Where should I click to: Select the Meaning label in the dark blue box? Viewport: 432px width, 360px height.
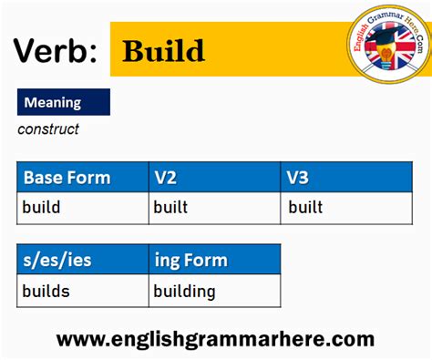[53, 102]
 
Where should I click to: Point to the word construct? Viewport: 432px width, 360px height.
[48, 129]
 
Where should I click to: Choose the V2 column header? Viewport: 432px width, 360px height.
[165, 178]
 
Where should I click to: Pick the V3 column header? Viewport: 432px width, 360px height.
[298, 178]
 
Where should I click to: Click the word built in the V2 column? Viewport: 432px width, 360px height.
[170, 208]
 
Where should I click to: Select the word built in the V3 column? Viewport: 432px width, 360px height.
[305, 208]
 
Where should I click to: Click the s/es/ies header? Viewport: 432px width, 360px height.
[57, 261]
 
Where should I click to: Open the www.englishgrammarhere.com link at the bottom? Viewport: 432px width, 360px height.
[215, 339]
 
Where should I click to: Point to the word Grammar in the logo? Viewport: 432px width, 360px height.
[387, 16]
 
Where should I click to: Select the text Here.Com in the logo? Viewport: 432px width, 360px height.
[415, 32]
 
